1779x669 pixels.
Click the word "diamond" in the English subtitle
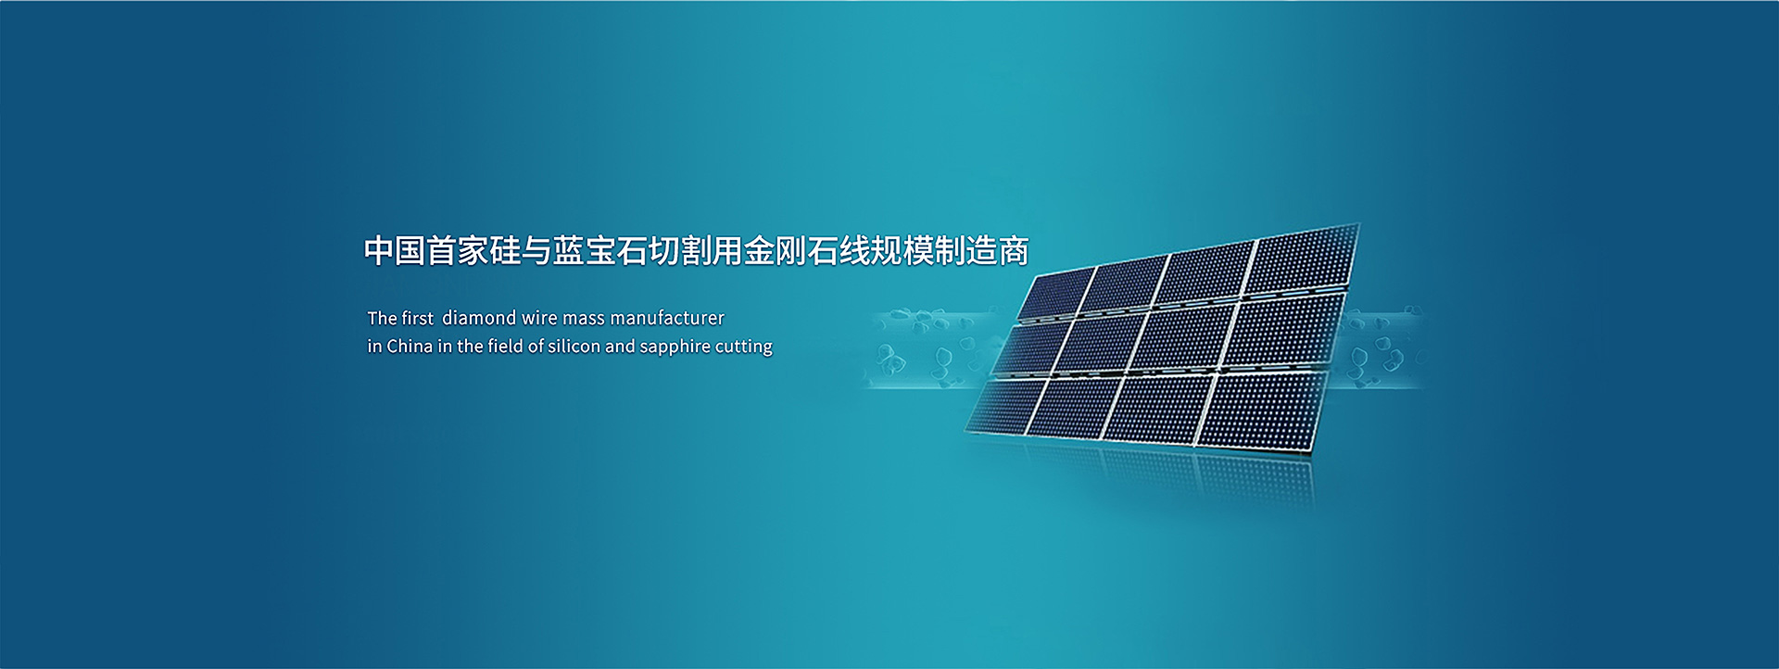pyautogui.click(x=479, y=318)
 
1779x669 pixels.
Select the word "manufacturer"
pyautogui.click(x=667, y=318)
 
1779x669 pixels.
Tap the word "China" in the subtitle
pyautogui.click(x=410, y=346)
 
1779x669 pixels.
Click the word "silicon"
pyautogui.click(x=574, y=346)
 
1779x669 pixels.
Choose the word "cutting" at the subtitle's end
pyautogui.click(x=743, y=347)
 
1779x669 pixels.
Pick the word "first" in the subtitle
pyautogui.click(x=417, y=318)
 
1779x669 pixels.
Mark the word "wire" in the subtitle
pyautogui.click(x=539, y=318)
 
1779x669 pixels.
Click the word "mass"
pyautogui.click(x=584, y=319)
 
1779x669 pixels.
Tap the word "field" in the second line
pyautogui.click(x=505, y=346)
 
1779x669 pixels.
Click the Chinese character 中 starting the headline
pyautogui.click(x=379, y=250)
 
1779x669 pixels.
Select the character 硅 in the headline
pyautogui.click(x=505, y=250)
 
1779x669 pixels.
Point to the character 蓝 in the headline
pyautogui.click(x=568, y=250)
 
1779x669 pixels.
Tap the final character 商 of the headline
pyautogui.click(x=1014, y=250)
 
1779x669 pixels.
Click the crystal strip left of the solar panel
pyautogui.click(x=936, y=348)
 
